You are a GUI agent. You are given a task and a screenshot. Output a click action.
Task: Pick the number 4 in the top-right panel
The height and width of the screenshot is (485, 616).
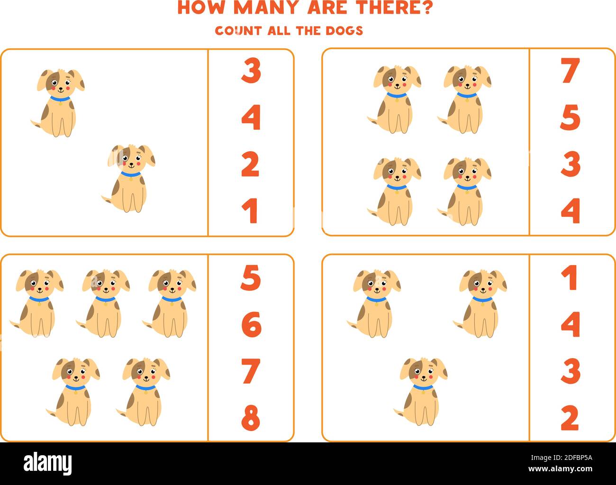(570, 211)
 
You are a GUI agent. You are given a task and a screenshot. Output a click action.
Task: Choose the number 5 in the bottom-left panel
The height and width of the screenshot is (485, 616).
(251, 278)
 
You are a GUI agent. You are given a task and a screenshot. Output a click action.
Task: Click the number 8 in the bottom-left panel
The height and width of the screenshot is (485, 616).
(251, 417)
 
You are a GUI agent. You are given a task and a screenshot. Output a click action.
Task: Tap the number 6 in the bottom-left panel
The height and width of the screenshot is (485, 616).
(251, 324)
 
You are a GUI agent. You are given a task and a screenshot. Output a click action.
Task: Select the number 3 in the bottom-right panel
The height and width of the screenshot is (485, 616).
(570, 371)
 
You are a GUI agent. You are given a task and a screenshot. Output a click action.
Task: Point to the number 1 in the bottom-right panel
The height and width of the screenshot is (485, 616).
(570, 278)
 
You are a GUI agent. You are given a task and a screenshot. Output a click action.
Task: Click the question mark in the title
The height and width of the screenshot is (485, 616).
(426, 8)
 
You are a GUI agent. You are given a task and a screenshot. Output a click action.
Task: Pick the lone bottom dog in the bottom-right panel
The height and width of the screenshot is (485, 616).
(421, 391)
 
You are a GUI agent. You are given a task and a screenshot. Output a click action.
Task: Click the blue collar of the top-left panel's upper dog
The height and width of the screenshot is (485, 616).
(60, 99)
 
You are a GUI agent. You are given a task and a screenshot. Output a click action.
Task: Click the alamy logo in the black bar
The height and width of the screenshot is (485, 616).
(48, 462)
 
